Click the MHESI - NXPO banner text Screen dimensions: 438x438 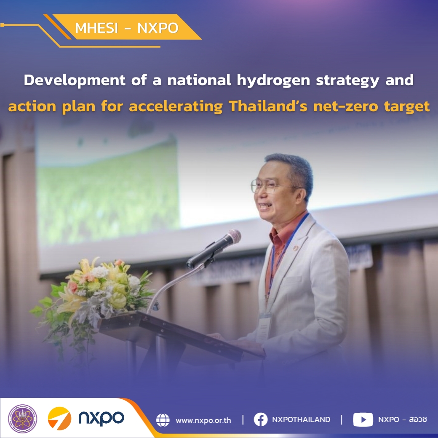point(127,28)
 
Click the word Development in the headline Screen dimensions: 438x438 point(74,80)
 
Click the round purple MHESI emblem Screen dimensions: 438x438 point(23,419)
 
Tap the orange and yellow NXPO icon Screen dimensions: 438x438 point(59,419)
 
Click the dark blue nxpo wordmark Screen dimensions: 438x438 point(101,418)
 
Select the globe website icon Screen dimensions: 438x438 point(163,420)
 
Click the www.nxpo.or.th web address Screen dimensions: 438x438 point(203,420)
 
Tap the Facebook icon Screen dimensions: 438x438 point(261,419)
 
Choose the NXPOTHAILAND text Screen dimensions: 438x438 point(301,419)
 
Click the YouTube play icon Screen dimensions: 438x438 point(363,419)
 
